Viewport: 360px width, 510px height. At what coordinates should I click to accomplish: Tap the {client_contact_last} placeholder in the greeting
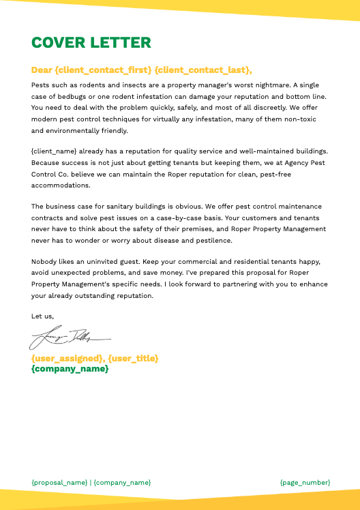click(x=203, y=70)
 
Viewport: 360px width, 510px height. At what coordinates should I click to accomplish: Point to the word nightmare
click(x=269, y=85)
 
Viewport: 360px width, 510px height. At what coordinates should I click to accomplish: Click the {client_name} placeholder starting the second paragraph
click(x=54, y=151)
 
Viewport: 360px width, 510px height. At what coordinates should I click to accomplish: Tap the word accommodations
click(x=61, y=185)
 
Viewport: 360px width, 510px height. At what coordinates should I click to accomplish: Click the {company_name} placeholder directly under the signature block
click(x=70, y=369)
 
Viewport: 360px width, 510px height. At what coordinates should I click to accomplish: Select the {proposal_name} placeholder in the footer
click(x=59, y=483)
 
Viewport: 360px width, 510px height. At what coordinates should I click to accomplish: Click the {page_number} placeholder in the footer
click(x=305, y=483)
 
